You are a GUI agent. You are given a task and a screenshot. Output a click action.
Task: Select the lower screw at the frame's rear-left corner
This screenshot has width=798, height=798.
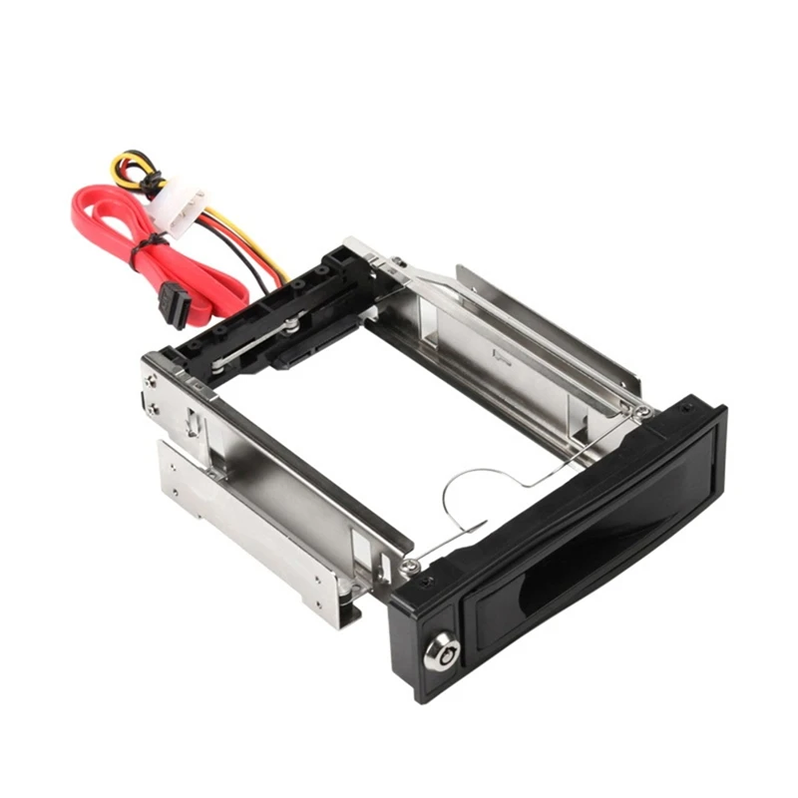click(x=152, y=408)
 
